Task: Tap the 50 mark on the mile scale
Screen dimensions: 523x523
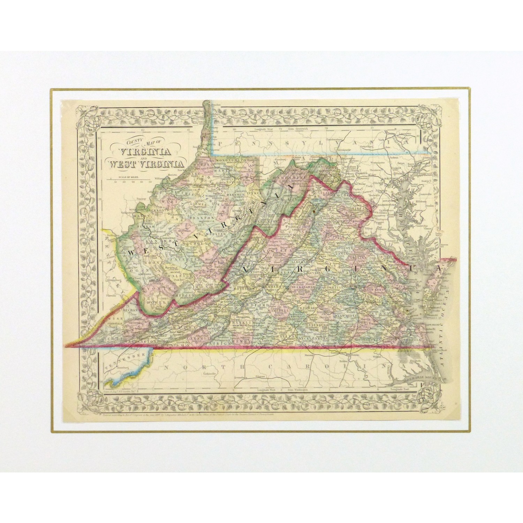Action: [x=150, y=182]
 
